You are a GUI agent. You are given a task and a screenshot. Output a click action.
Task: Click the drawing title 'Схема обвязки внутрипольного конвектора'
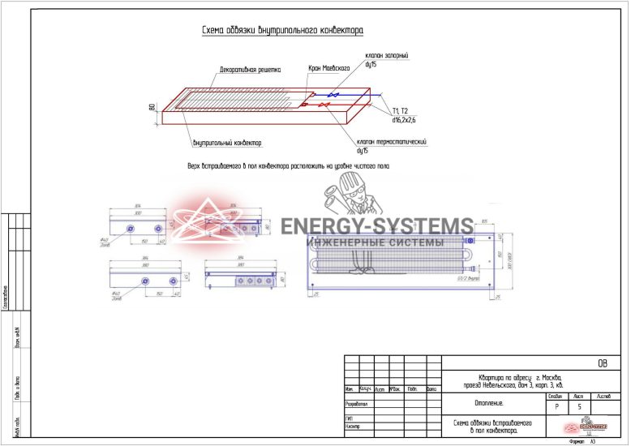[282, 31]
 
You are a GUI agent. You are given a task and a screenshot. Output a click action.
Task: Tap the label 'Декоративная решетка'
[250, 70]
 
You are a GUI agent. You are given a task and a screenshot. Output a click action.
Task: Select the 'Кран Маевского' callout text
[328, 69]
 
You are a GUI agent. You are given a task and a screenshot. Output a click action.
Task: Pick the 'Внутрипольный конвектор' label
[228, 144]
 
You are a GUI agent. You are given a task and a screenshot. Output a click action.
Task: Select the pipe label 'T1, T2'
[400, 110]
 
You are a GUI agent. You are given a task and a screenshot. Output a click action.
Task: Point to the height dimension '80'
[152, 107]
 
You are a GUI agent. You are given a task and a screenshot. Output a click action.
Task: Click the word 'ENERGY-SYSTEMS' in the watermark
[377, 226]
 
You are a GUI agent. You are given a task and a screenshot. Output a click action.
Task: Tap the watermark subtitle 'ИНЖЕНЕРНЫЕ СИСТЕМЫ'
[374, 242]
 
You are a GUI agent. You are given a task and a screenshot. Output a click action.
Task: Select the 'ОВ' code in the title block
[601, 363]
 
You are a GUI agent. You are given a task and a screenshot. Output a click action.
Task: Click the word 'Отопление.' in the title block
[488, 402]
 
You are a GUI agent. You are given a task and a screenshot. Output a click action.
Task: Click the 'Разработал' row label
[358, 402]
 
